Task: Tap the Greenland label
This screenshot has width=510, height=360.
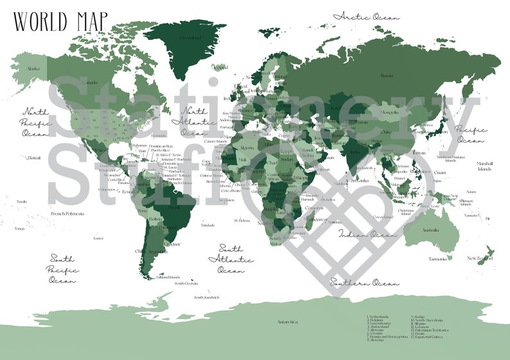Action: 189,38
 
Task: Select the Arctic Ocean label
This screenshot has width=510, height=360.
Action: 366,16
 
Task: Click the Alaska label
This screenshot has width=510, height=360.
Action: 33,68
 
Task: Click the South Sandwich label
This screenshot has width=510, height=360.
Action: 207,297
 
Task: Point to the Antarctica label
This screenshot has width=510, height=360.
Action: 288,321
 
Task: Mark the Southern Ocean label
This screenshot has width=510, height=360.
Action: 364,282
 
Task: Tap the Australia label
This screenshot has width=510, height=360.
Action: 430,230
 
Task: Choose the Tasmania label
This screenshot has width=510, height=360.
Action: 437,259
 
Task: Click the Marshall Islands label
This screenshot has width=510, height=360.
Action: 484,166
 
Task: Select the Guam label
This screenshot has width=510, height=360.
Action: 440,172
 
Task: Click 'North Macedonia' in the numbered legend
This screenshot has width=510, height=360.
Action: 430,320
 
